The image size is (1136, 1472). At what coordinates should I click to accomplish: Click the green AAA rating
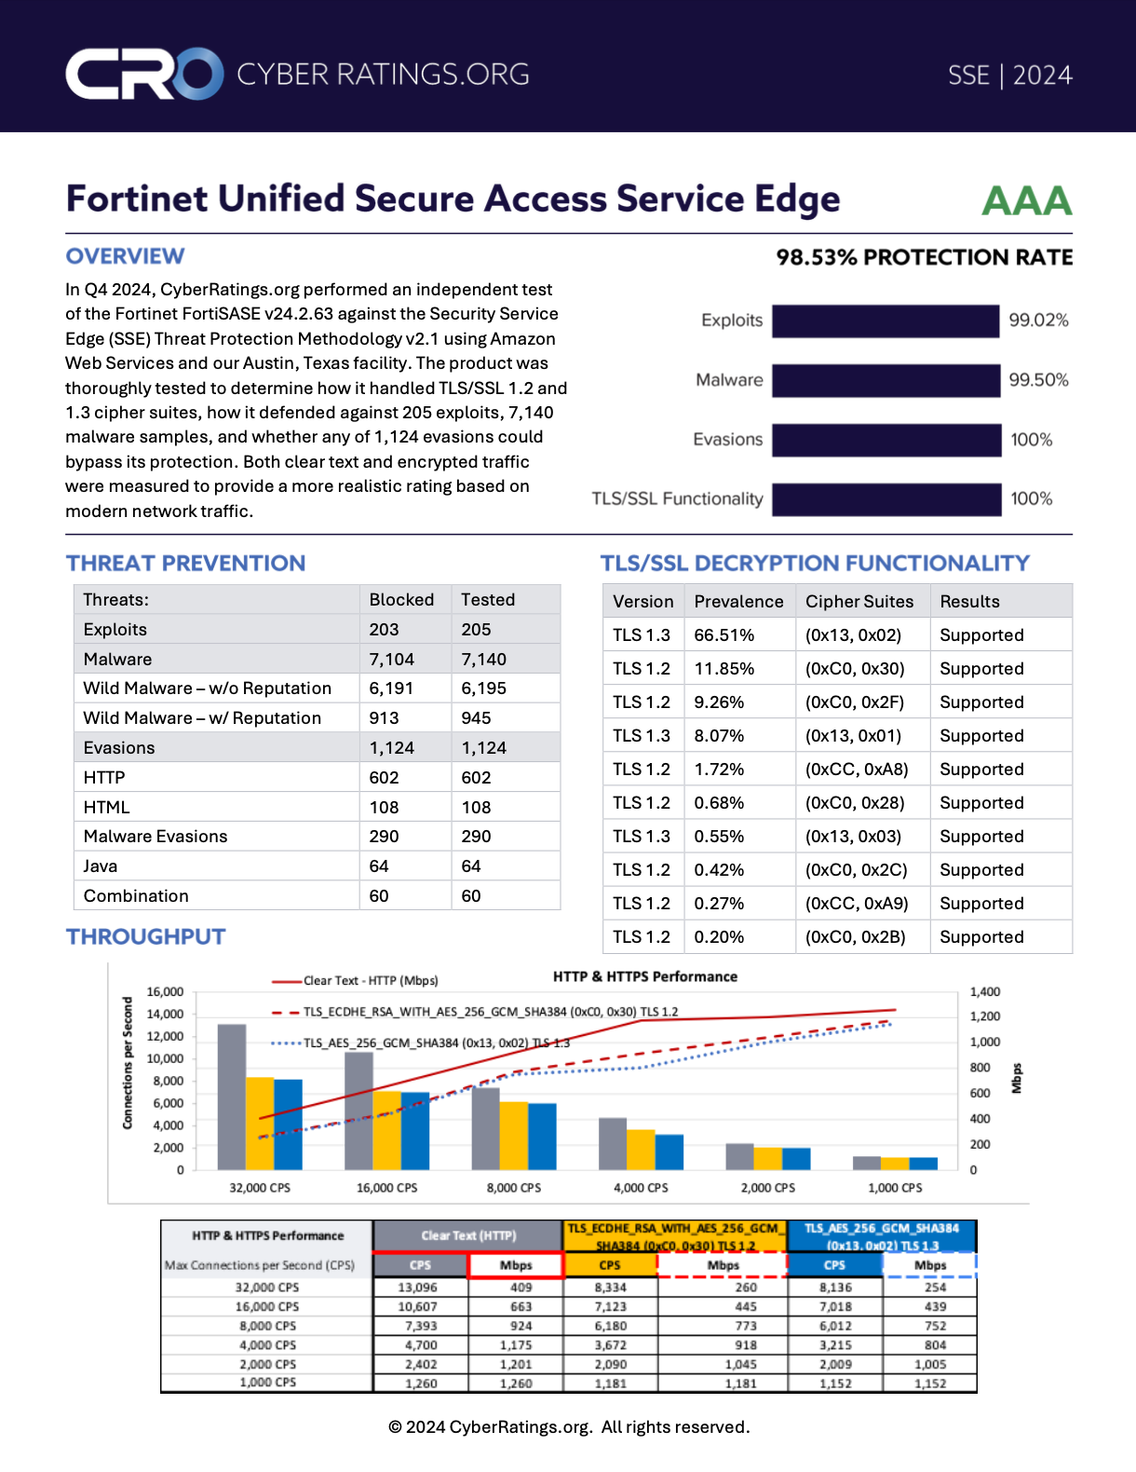click(1026, 200)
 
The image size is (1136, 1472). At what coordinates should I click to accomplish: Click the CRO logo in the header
click(144, 74)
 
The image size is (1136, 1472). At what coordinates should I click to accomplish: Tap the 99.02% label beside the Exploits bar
click(1038, 320)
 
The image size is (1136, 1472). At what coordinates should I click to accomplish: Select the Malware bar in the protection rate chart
click(886, 380)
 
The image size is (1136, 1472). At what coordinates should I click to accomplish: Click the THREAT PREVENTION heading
click(185, 564)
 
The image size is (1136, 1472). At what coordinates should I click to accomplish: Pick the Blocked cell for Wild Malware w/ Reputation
click(384, 718)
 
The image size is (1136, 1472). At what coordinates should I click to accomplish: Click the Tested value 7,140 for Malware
click(484, 660)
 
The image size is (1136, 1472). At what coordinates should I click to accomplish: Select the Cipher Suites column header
click(859, 602)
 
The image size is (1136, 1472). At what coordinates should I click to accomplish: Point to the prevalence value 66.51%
click(724, 635)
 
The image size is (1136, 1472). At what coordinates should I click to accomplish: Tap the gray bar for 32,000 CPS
click(232, 1097)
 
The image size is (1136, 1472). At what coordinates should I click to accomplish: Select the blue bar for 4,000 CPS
click(669, 1152)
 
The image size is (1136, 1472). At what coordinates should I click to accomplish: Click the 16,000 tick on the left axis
click(165, 992)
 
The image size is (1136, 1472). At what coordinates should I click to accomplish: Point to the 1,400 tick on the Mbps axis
click(984, 992)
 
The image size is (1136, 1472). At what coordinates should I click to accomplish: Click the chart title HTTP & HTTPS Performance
click(644, 976)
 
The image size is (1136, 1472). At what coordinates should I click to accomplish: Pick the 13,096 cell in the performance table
click(418, 1288)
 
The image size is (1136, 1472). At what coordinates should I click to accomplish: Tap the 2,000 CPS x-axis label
click(768, 1188)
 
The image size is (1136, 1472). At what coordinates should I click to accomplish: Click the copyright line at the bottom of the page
click(568, 1427)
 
